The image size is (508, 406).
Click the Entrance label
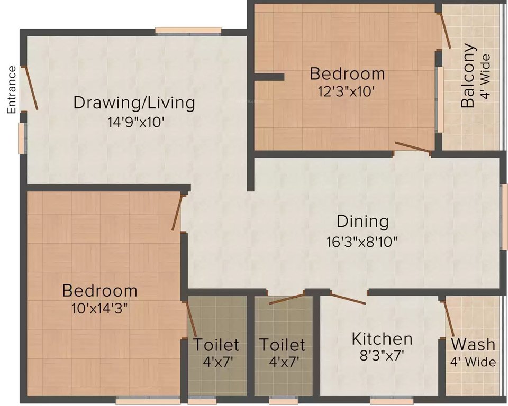tap(11, 90)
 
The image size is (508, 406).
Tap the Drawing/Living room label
tap(134, 102)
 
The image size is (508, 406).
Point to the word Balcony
tap(468, 76)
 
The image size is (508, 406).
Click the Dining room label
tap(362, 221)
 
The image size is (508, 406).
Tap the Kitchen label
tap(382, 338)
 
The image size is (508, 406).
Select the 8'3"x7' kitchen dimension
tap(382, 356)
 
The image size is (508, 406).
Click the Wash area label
tap(473, 345)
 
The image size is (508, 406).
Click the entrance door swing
tap(30, 88)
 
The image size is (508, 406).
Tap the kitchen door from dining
tap(348, 298)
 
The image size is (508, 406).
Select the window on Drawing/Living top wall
tap(188, 31)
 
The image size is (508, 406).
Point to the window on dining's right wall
tap(504, 217)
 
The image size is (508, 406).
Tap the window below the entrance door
tap(22, 138)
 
